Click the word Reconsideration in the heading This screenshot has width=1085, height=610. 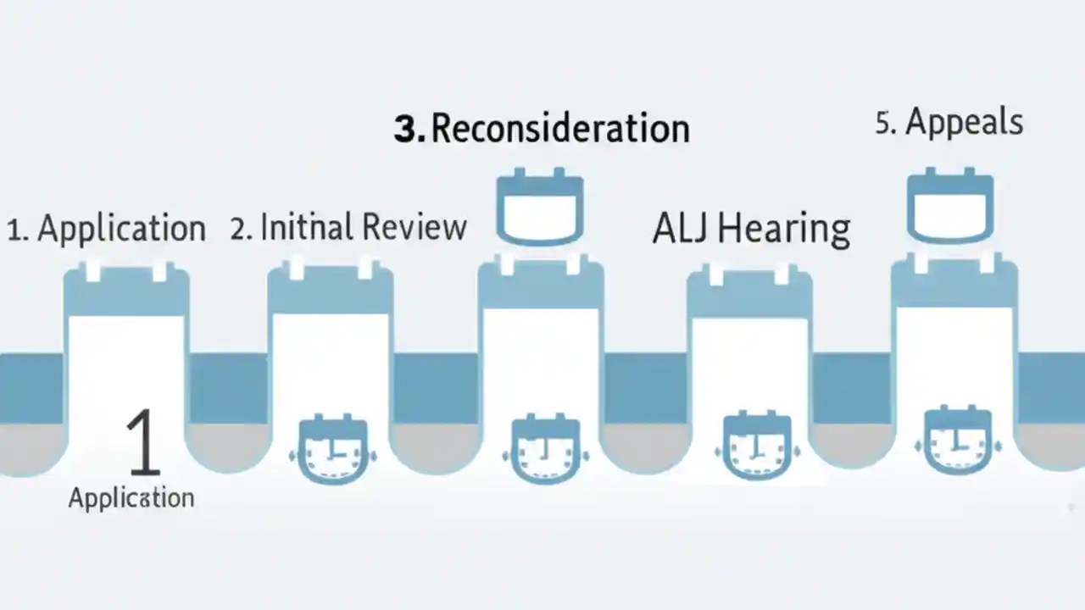[x=560, y=129]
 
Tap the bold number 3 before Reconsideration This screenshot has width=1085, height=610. [x=408, y=130]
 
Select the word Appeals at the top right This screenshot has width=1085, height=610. [x=965, y=123]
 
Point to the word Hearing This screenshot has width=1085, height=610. [x=784, y=230]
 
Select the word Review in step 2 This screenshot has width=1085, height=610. [x=415, y=226]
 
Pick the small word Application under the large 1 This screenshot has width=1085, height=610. [x=131, y=498]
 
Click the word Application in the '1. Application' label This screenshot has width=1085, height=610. [x=121, y=228]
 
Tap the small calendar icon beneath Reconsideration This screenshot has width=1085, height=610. [x=540, y=206]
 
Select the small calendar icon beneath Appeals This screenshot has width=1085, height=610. [x=950, y=205]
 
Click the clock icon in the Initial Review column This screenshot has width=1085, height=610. [x=333, y=449]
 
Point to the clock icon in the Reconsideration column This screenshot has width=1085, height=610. [x=545, y=448]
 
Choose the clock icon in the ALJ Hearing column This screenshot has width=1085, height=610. [x=757, y=445]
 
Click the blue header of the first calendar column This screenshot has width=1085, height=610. [x=126, y=291]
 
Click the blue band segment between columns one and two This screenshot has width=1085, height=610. [x=228, y=388]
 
